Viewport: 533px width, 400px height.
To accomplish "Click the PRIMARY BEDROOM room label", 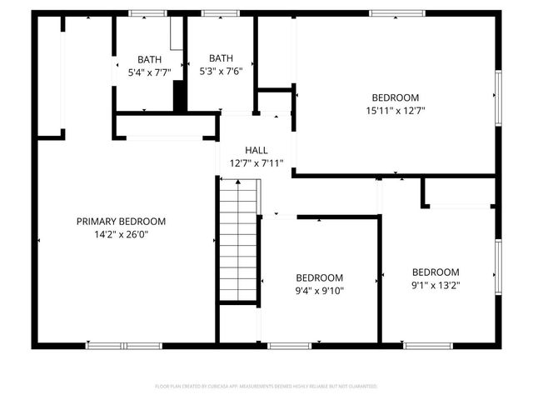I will (121, 222).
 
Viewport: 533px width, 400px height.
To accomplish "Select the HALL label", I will (256, 150).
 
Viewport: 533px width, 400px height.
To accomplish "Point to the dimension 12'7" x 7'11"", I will (256, 163).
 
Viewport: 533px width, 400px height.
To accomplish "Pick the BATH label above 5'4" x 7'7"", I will (150, 59).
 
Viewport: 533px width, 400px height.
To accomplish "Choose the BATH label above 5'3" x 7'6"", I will (221, 58).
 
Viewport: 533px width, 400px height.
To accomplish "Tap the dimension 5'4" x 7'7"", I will (150, 72).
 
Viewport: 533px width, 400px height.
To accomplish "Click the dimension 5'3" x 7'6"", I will (221, 72).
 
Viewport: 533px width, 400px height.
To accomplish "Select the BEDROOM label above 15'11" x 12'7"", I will (395, 97).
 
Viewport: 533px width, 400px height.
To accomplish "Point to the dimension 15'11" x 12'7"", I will (395, 111).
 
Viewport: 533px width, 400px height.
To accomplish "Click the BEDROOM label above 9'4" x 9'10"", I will (320, 278).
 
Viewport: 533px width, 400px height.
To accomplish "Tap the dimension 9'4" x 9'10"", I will (320, 291).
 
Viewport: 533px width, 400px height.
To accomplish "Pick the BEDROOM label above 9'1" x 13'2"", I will (436, 272).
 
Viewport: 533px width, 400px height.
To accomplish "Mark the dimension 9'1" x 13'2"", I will (436, 285).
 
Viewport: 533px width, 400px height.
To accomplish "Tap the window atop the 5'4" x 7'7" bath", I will (147, 13).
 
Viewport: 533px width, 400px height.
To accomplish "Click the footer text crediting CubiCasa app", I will (266, 387).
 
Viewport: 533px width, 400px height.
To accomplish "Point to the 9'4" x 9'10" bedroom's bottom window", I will (289, 345).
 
